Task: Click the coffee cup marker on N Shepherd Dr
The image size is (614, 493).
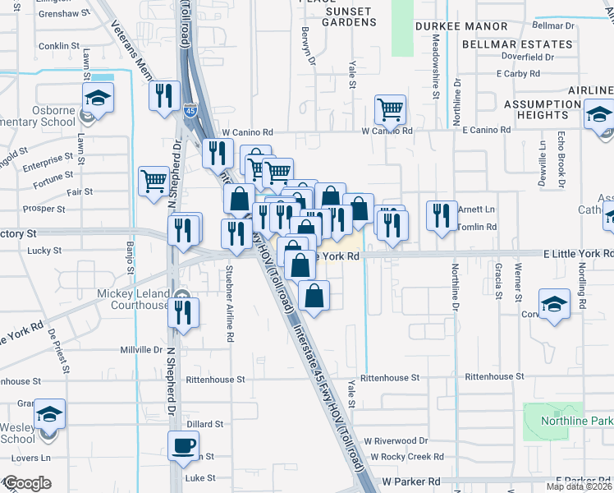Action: point(183,447)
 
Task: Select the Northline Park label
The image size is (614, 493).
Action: point(577,421)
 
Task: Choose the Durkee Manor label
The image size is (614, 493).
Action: point(461,26)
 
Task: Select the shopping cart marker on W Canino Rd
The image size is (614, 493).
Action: point(391,109)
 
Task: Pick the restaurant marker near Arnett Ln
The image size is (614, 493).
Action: point(442,216)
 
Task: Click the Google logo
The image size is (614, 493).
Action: point(26,483)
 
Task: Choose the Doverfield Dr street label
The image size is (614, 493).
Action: point(528,58)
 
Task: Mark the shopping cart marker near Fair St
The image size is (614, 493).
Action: point(153,182)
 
